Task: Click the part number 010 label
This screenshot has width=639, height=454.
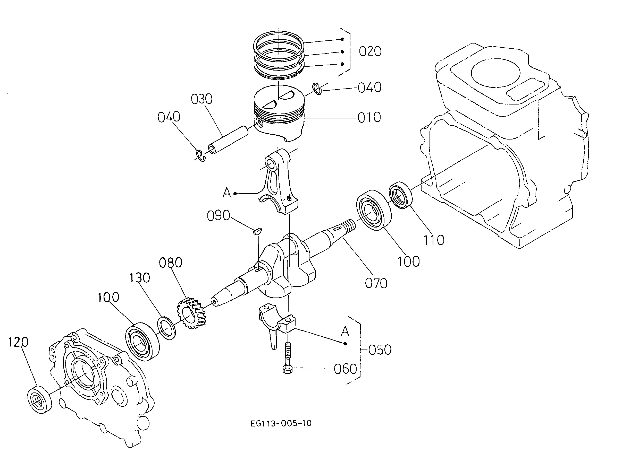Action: click(x=369, y=117)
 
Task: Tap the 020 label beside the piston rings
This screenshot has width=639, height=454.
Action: click(x=370, y=51)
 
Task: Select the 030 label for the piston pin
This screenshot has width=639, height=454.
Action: click(x=201, y=99)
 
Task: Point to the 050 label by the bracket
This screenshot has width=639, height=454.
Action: click(x=380, y=350)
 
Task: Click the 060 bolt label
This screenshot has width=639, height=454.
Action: click(x=345, y=369)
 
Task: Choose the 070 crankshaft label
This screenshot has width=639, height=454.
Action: click(x=376, y=283)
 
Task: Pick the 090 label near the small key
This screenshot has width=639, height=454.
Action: click(x=218, y=216)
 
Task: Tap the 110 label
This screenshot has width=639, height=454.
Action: click(x=434, y=240)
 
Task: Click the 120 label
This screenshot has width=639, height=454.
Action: click(x=19, y=342)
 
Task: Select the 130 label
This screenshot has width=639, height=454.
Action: click(x=140, y=278)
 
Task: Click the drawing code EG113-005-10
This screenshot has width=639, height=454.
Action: click(x=281, y=424)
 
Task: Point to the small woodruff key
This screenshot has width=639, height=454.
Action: click(x=257, y=231)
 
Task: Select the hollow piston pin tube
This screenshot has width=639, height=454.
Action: click(x=228, y=140)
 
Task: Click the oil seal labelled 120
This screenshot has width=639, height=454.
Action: click(x=40, y=400)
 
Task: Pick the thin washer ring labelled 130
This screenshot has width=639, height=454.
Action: click(x=167, y=328)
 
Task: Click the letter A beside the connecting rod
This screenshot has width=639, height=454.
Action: click(x=227, y=192)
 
